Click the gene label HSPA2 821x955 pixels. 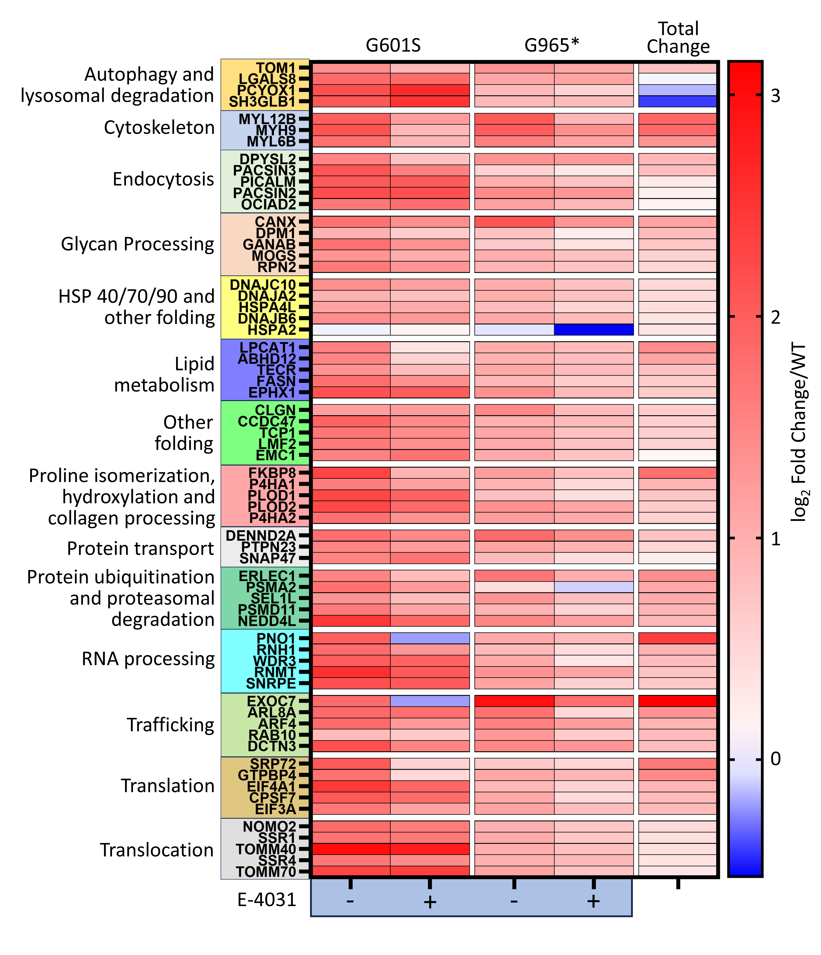pyautogui.click(x=272, y=330)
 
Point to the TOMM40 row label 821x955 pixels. pyautogui.click(x=266, y=849)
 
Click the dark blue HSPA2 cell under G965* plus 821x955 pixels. pyautogui.click(x=594, y=330)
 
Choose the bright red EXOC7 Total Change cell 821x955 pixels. pyautogui.click(x=677, y=701)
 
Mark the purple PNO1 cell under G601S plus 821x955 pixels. pyautogui.click(x=430, y=638)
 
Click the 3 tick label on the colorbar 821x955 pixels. pyautogui.click(x=776, y=96)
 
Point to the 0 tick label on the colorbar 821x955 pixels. pyautogui.click(x=776, y=759)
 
